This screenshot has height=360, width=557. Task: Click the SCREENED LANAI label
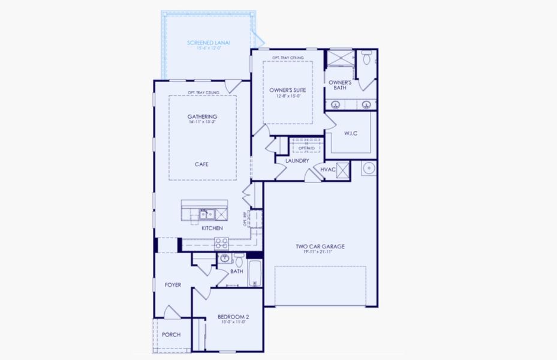tap(209, 43)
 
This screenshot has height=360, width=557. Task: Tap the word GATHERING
tap(202, 116)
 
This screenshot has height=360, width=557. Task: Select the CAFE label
tap(201, 164)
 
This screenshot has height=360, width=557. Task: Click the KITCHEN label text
tap(212, 229)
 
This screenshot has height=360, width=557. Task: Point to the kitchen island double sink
tap(207, 214)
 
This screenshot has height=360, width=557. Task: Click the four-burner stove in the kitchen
tap(222, 243)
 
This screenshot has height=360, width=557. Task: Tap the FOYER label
tap(173, 285)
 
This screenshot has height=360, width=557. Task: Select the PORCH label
tap(171, 335)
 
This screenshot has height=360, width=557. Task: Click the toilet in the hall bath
tap(239, 261)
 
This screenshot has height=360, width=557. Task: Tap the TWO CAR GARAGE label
tap(320, 247)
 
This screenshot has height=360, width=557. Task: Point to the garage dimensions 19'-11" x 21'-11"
tap(320, 252)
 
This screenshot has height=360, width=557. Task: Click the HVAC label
tap(327, 170)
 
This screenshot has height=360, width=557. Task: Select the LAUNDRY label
tap(297, 161)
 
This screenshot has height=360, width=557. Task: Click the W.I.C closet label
tap(350, 133)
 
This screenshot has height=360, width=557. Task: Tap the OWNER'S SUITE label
tap(287, 89)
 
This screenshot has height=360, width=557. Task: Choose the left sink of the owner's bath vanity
tap(336, 104)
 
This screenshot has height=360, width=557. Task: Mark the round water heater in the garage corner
tap(369, 167)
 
